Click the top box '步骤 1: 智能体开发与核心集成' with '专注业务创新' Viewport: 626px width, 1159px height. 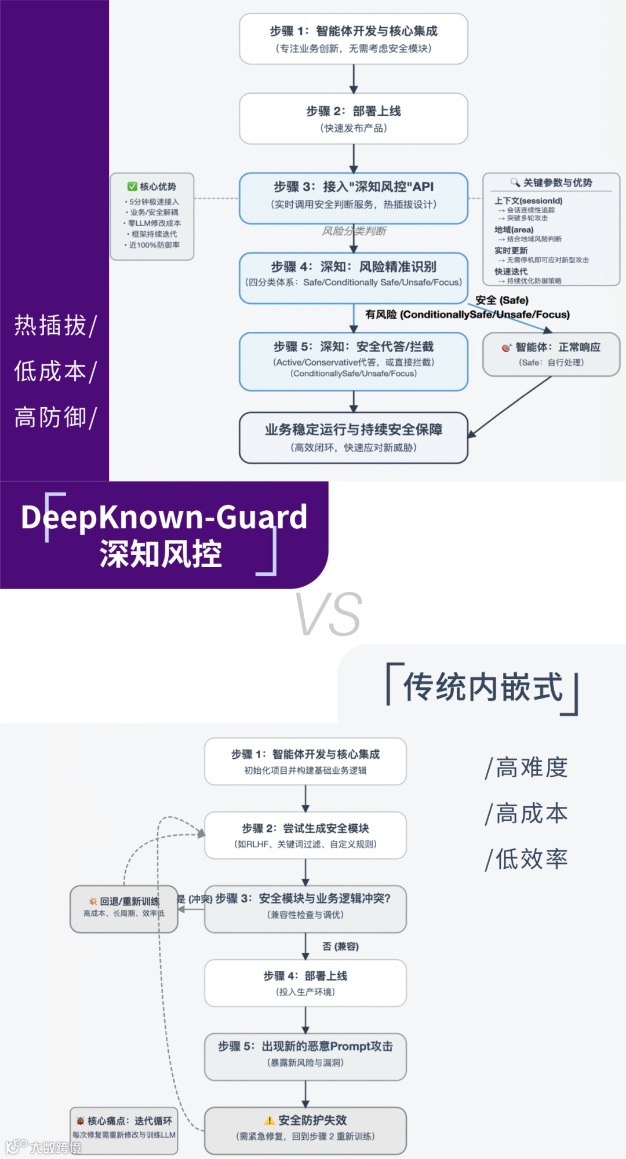pyautogui.click(x=354, y=39)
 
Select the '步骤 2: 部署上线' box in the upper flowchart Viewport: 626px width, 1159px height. pyautogui.click(x=354, y=119)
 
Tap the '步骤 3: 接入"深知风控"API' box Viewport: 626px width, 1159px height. pyautogui.click(x=354, y=198)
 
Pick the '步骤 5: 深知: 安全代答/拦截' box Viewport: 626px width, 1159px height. pyautogui.click(x=354, y=361)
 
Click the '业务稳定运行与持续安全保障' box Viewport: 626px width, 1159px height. pyautogui.click(x=354, y=437)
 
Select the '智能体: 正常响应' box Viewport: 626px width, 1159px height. pyautogui.click(x=551, y=354)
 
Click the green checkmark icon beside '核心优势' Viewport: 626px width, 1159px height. pyautogui.click(x=132, y=187)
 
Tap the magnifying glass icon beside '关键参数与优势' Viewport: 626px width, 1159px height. pyautogui.click(x=515, y=182)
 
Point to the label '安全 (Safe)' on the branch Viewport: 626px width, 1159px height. pyautogui.click(x=502, y=300)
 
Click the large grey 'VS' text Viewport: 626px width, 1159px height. pyautogui.click(x=329, y=615)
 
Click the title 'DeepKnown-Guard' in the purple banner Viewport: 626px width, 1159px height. pyautogui.click(x=164, y=517)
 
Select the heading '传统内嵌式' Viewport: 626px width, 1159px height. pyautogui.click(x=483, y=688)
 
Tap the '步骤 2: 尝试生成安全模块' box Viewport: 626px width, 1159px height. pyautogui.click(x=305, y=835)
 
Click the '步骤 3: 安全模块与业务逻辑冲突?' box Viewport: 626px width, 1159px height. pyautogui.click(x=305, y=908)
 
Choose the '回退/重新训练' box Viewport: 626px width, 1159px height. pyautogui.click(x=124, y=908)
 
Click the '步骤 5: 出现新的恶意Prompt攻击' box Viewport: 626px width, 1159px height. pyautogui.click(x=305, y=1056)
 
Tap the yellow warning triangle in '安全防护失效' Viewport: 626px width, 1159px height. pyautogui.click(x=270, y=1120)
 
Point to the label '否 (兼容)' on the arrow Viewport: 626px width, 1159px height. pyautogui.click(x=340, y=946)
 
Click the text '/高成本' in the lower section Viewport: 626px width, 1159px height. pyautogui.click(x=526, y=813)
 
